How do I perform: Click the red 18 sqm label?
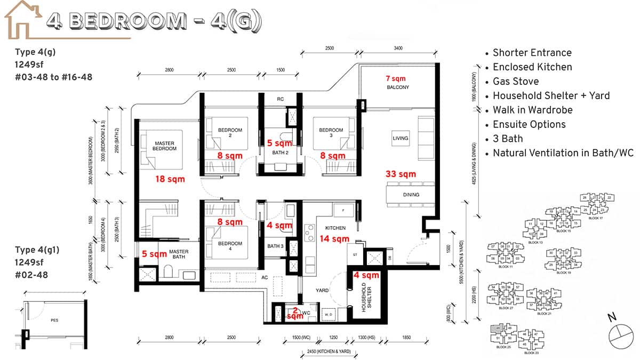[x=170, y=179]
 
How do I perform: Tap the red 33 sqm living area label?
[x=401, y=174]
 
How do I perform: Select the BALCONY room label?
[x=397, y=87]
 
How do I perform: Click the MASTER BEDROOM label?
[x=165, y=146]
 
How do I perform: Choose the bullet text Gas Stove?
[x=515, y=81]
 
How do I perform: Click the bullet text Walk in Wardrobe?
[x=532, y=110]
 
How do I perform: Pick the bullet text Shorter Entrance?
[x=532, y=52]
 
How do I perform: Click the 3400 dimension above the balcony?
[x=398, y=49]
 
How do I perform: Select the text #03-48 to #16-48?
[x=54, y=77]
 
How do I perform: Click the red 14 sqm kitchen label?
[x=334, y=238]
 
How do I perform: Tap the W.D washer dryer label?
[x=327, y=315]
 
